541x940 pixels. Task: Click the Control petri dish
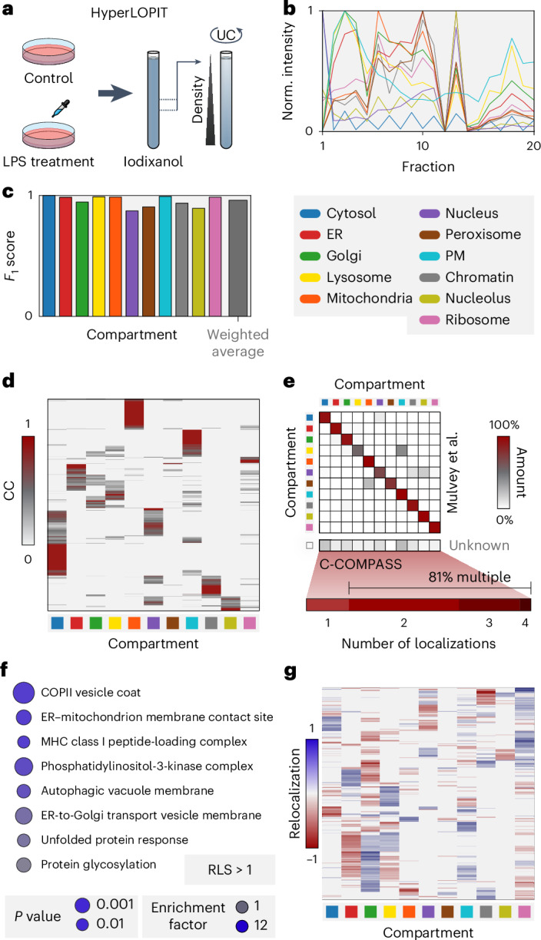coord(48,51)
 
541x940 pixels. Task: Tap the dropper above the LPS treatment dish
coord(61,108)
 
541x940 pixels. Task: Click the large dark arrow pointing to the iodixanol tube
coord(115,93)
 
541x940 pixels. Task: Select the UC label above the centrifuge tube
coord(226,35)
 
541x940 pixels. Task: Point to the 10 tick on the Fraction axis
coord(422,146)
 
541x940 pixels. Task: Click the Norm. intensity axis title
coord(287,71)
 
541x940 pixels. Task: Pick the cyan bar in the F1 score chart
coord(165,256)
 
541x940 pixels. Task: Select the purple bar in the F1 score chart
coord(132,263)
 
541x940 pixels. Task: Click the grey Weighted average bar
coord(237,258)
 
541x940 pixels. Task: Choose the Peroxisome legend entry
coord(470,234)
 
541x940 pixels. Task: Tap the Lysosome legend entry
coord(346,277)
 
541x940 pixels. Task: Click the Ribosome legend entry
coord(465,319)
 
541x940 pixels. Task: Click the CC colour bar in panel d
coord(28,491)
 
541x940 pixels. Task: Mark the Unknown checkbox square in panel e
coord(310,545)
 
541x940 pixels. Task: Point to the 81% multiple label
coord(470,578)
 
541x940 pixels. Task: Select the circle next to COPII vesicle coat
coord(24,692)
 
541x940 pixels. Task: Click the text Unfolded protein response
coord(115,839)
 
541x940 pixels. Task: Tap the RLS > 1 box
coord(230,869)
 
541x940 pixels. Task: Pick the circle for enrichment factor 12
coord(242,925)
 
